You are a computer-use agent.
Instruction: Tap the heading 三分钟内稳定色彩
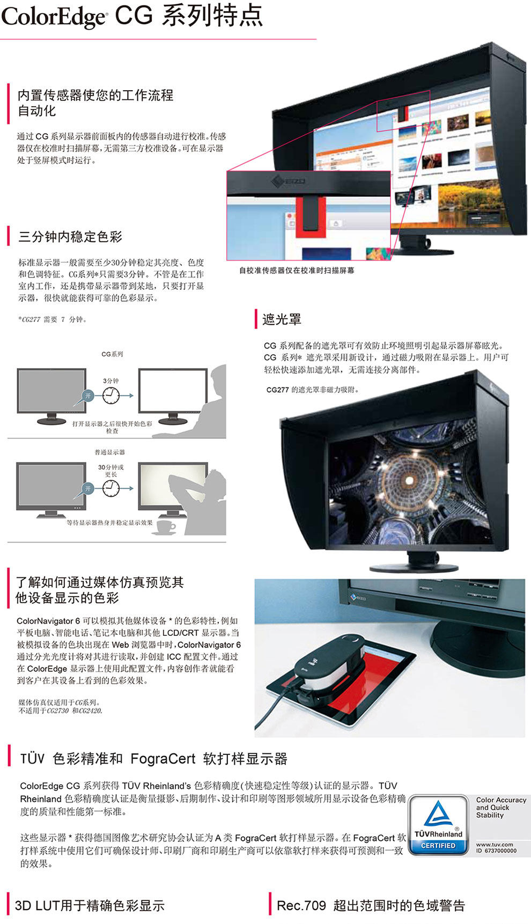tap(70, 237)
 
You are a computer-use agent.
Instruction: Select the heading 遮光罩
tap(282, 319)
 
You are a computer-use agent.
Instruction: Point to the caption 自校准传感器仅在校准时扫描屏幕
tap(297, 270)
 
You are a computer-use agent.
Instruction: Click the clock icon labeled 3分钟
tap(110, 395)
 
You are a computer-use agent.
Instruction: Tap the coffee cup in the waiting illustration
tap(164, 527)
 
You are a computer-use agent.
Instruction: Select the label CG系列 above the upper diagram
tap(112, 354)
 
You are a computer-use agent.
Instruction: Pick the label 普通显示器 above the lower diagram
tap(110, 452)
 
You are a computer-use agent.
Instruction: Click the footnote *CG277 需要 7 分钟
tap(52, 319)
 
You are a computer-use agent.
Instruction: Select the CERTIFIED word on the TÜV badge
tap(438, 846)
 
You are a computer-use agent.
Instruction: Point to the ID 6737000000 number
tap(496, 850)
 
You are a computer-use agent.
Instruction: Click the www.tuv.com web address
tap(494, 844)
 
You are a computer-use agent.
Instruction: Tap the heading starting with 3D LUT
tap(90, 906)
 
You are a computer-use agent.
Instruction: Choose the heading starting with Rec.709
tap(371, 906)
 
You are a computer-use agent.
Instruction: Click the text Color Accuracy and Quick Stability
tap(501, 807)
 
